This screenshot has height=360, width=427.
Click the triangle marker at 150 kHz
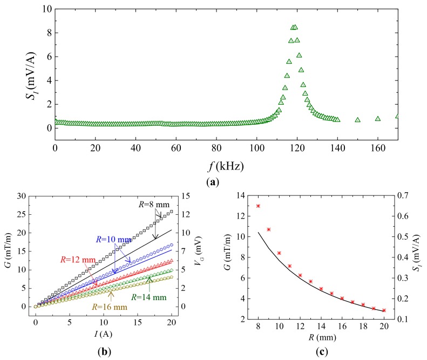click(x=357, y=119)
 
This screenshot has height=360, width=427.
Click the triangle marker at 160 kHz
click(x=378, y=118)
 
